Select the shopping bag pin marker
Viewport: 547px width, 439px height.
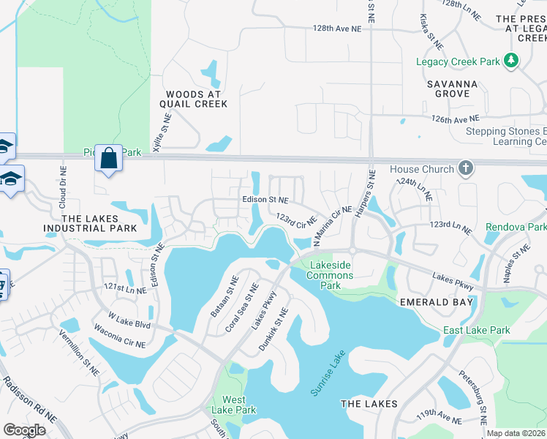pos(108,159)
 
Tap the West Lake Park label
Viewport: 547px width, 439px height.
pos(234,405)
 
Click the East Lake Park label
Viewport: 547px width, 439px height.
pos(476,331)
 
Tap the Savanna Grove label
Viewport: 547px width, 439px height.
pos(452,89)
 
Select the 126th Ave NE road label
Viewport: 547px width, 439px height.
pos(455,118)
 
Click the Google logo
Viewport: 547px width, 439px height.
pos(24,430)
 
